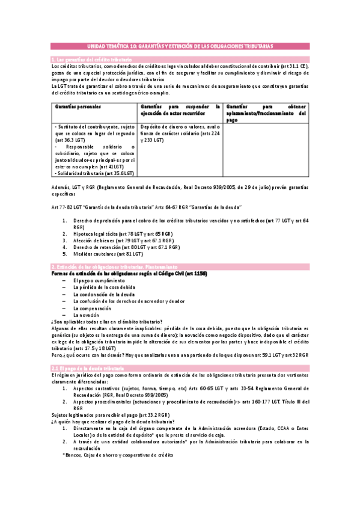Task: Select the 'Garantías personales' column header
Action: (78, 106)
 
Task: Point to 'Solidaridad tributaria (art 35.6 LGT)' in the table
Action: (94, 173)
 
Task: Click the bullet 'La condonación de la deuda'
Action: (103, 295)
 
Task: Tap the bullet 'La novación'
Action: (85, 315)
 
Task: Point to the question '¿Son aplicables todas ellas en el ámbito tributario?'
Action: (111, 322)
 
